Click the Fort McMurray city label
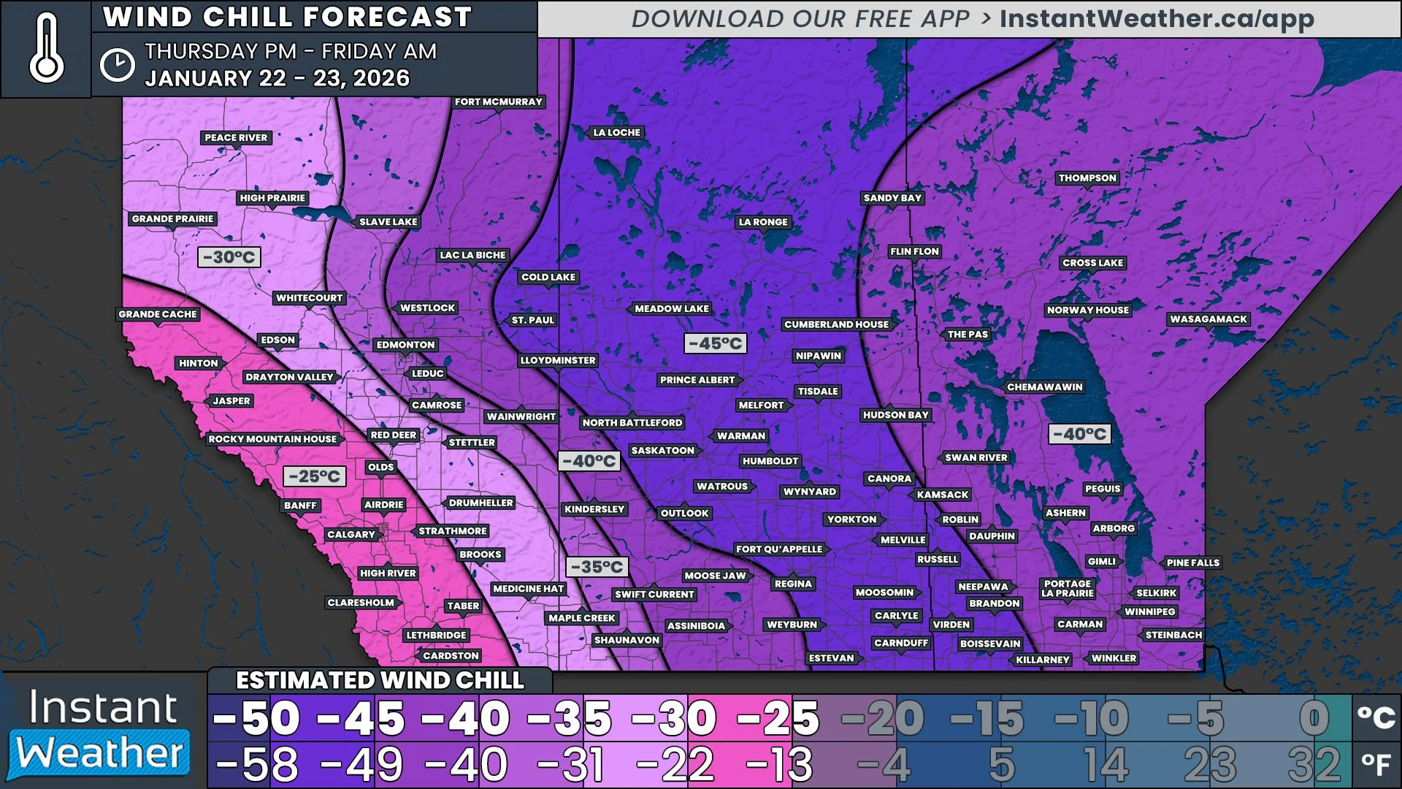(498, 102)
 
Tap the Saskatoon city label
(662, 451)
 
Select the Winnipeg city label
(1149, 612)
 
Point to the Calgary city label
(350, 535)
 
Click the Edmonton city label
(405, 345)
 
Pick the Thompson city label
(1087, 178)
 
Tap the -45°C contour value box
(715, 343)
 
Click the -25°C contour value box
(314, 476)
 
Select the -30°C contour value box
(229, 257)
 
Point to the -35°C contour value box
(597, 567)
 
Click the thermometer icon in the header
(46, 48)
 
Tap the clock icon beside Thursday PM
(117, 65)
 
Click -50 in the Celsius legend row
(257, 719)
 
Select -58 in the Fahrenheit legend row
(257, 765)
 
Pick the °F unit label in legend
(1376, 765)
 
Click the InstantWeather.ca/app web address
(1157, 19)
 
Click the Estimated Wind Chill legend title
(380, 681)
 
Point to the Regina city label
(793, 584)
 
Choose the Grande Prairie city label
(172, 219)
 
